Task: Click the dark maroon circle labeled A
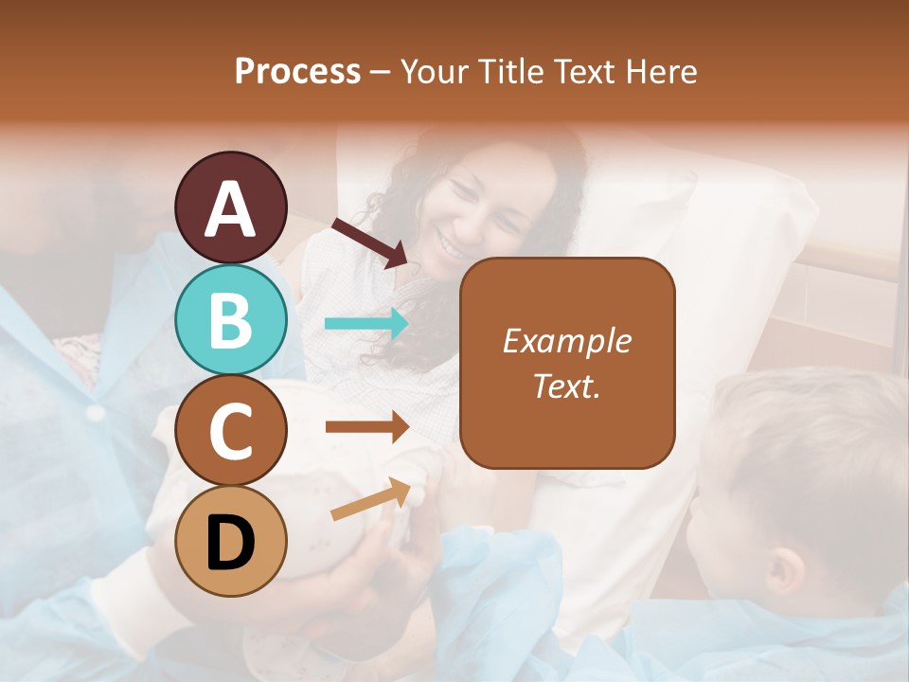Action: point(231,207)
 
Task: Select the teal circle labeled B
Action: point(231,319)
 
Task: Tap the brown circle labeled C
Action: point(231,431)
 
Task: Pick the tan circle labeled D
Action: point(231,541)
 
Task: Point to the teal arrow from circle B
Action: point(366,324)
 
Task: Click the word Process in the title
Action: point(297,71)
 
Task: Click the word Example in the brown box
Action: point(567,341)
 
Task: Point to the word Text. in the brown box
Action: point(567,386)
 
